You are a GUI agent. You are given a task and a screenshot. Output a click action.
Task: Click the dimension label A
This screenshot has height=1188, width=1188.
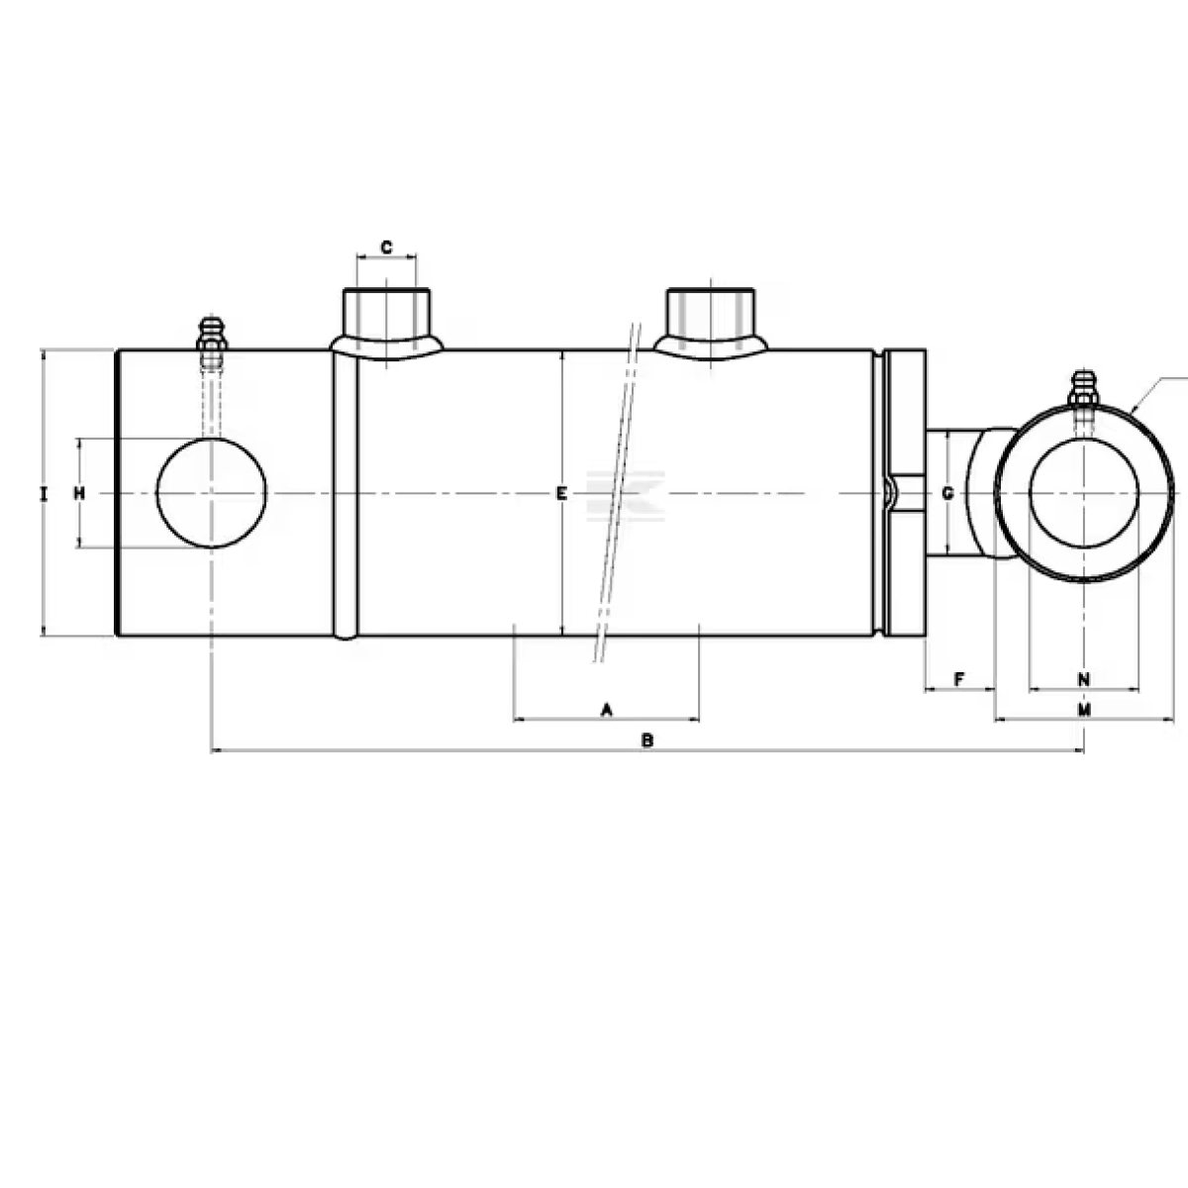(x=608, y=709)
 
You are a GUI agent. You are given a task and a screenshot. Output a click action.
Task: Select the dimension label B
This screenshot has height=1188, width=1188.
(x=646, y=740)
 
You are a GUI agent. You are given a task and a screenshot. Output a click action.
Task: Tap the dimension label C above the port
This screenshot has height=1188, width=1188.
(x=387, y=246)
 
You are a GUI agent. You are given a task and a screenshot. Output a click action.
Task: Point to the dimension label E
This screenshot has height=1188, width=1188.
(x=560, y=493)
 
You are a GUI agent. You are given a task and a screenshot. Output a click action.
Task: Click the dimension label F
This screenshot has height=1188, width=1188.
(x=959, y=678)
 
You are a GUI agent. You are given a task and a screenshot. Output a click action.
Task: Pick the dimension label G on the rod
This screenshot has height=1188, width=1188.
(x=947, y=493)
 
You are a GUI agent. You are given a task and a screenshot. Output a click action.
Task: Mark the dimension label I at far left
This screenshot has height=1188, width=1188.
(x=43, y=493)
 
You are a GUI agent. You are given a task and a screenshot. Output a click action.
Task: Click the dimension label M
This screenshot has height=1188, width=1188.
(x=1084, y=710)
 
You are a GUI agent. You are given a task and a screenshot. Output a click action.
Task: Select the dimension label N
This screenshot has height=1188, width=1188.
(x=1083, y=678)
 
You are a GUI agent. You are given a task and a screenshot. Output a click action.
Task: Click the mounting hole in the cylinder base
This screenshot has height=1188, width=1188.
(x=212, y=493)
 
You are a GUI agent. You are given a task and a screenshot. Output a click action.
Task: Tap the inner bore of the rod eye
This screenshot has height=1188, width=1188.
(x=1084, y=493)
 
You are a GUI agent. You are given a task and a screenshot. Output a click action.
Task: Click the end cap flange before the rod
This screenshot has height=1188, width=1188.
(x=907, y=493)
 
